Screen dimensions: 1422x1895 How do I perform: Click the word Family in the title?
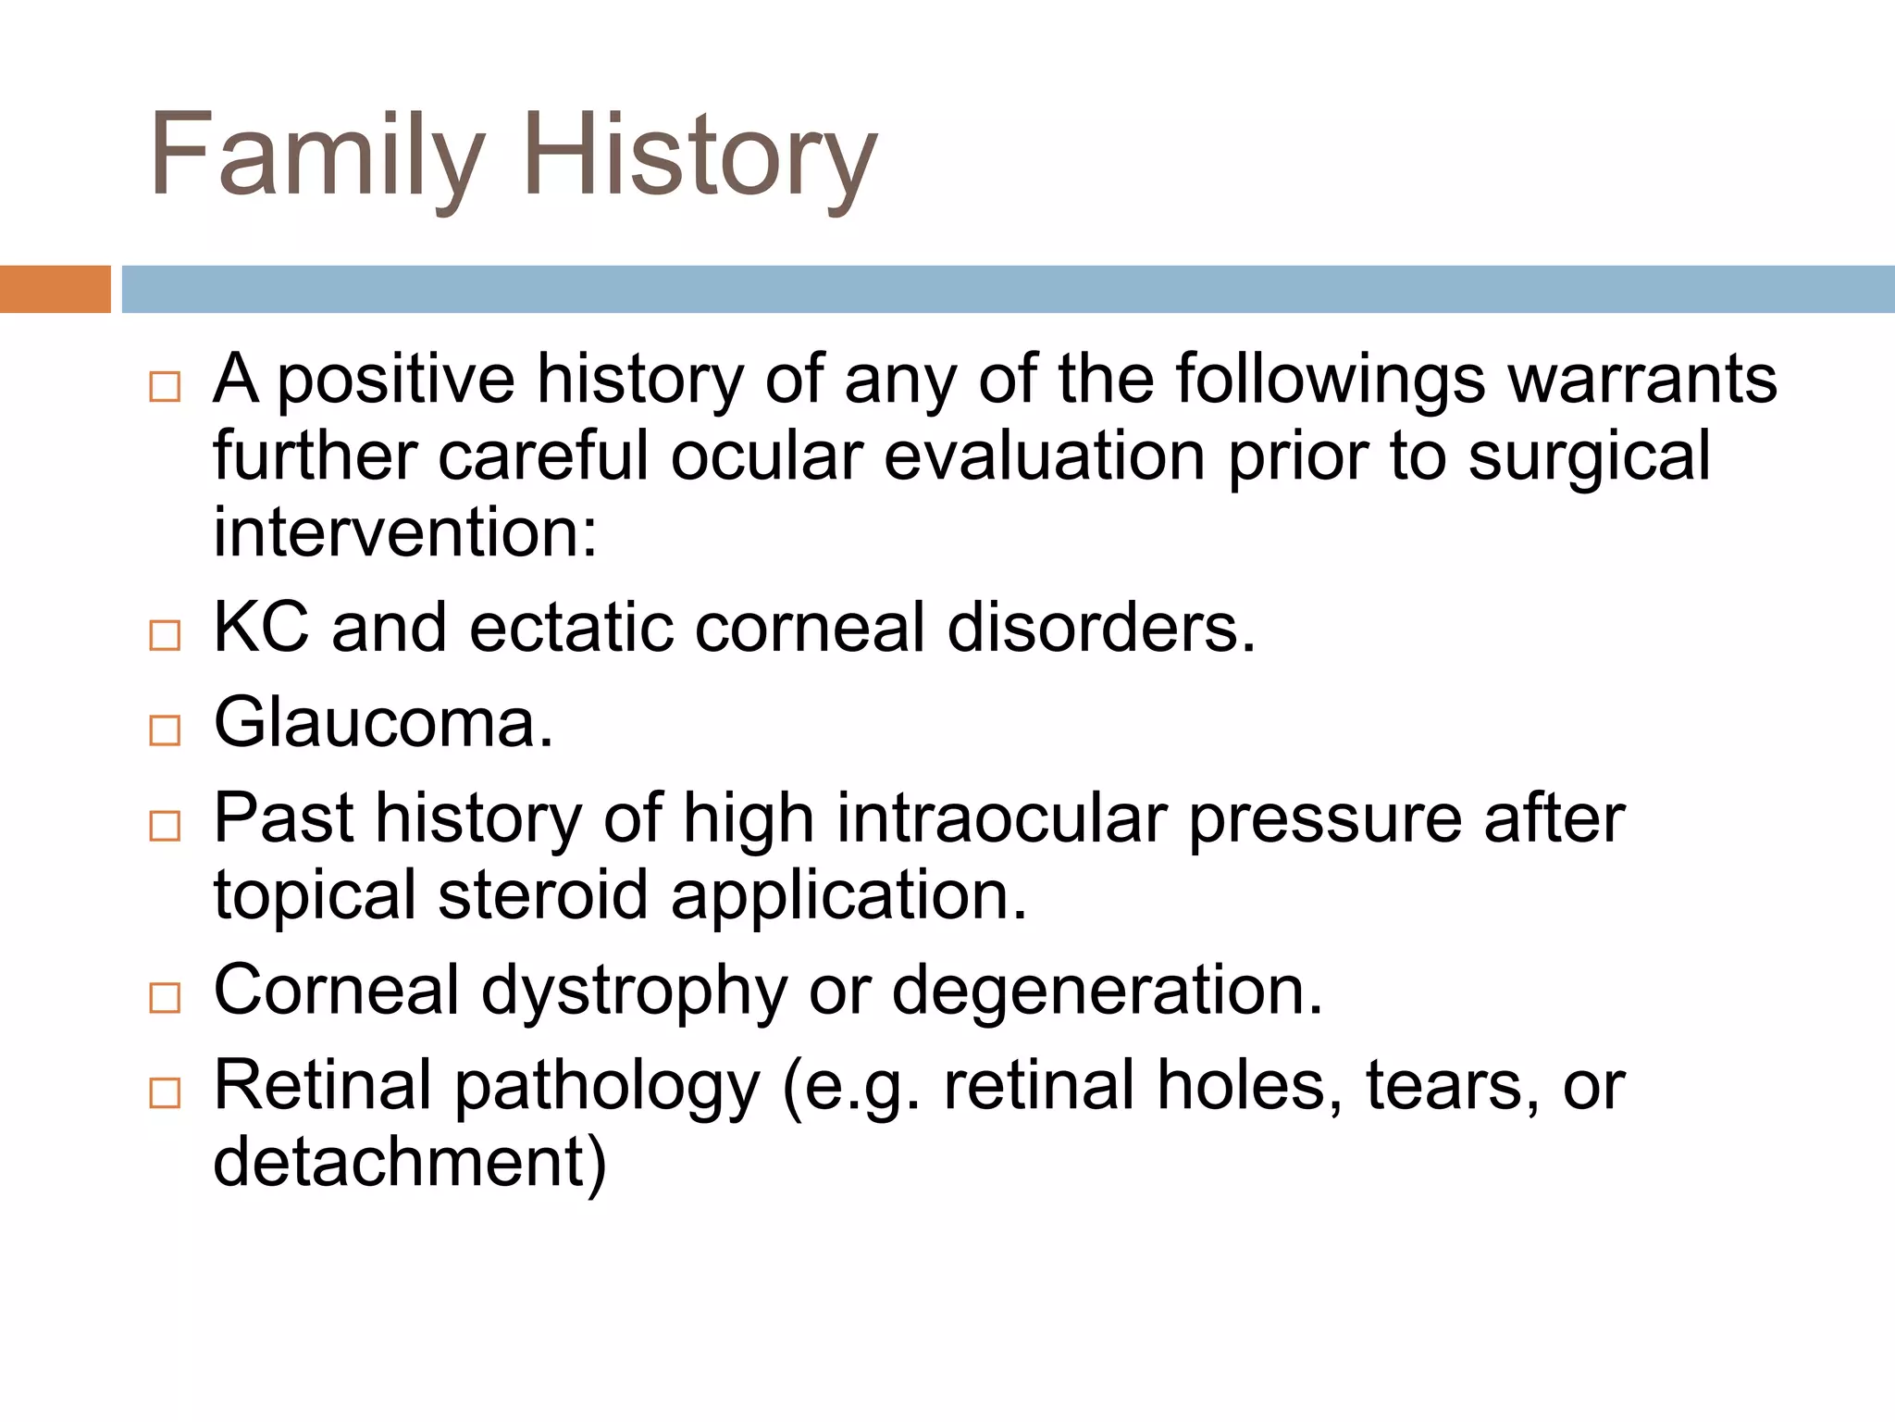(316, 156)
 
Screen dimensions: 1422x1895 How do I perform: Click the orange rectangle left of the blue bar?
(55, 289)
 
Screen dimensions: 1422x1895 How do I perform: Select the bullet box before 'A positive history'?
(165, 386)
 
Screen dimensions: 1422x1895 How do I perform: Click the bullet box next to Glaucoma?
(165, 730)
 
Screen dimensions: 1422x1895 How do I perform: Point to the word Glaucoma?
(382, 723)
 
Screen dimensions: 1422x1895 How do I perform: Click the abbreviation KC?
(261, 628)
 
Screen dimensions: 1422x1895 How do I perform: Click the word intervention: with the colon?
(405, 533)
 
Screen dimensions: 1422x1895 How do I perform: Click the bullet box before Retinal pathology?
(165, 1093)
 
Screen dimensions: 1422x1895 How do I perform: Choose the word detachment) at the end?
(409, 1163)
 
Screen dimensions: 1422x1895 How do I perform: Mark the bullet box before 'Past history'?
(165, 826)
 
